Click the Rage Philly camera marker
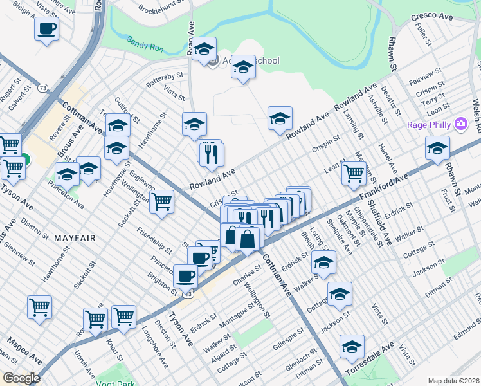point(460,124)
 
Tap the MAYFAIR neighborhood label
point(74,237)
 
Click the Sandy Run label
point(145,40)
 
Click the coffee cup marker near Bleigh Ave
point(47,29)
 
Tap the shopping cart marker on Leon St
point(354,172)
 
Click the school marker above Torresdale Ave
point(352,346)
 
